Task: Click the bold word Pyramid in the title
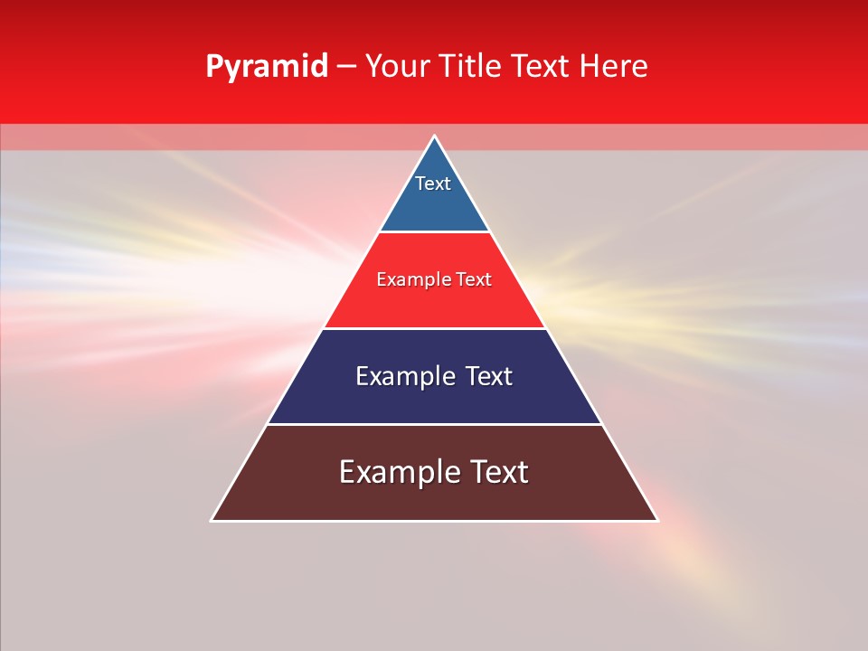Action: coord(266,67)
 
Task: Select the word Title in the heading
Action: coord(472,67)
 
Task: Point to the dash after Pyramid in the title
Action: coord(346,67)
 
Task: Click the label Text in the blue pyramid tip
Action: coord(433,184)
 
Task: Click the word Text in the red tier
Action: coord(474,280)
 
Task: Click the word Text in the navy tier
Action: coord(489,376)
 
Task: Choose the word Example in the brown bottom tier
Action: coord(397,472)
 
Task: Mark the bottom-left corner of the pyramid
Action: coord(212,520)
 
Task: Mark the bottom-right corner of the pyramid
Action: coord(657,520)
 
